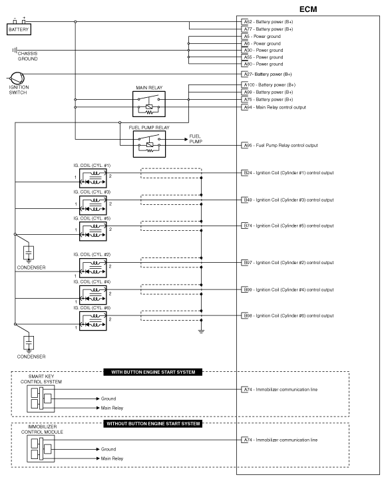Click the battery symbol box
(x=19, y=29)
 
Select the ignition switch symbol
(x=15, y=79)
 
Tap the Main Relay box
(x=150, y=103)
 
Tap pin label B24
(x=247, y=172)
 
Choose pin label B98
(x=247, y=315)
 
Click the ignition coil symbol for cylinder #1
(x=93, y=178)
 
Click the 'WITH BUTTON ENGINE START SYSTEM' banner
(x=152, y=372)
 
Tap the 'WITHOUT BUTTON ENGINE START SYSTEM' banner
(x=152, y=423)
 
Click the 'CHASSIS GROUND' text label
(x=28, y=56)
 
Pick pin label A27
(x=248, y=75)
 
